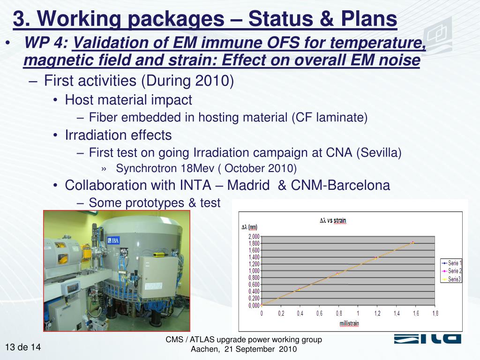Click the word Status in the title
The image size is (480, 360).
coord(280,19)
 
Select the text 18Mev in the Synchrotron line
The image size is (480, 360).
coord(197,168)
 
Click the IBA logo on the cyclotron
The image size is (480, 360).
coord(113,240)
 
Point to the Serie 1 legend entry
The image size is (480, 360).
coord(451,263)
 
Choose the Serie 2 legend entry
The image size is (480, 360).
coord(451,271)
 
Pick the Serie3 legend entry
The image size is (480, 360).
coord(451,279)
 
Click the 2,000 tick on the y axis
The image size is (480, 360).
coord(254,236)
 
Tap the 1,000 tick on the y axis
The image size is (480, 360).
coord(254,271)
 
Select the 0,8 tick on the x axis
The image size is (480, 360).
coord(339,314)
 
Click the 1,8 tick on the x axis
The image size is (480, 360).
coord(435,314)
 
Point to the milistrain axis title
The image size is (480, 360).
coord(349,323)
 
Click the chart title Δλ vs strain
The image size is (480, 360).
coord(333,220)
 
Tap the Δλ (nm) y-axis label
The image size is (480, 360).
coord(249,227)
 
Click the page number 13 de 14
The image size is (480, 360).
coord(23,347)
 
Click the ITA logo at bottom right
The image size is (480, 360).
coord(427,339)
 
